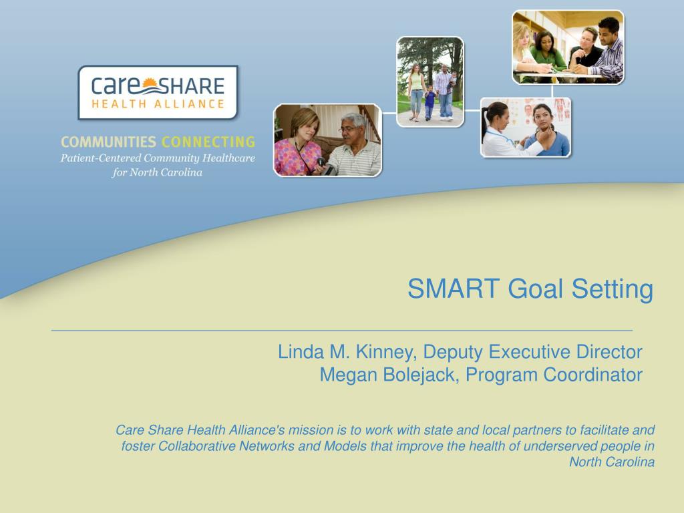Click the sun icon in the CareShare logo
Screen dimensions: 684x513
click(150, 83)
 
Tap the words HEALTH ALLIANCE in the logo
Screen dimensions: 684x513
click(158, 104)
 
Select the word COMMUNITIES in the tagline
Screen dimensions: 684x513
click(108, 142)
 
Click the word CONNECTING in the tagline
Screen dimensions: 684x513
click(208, 142)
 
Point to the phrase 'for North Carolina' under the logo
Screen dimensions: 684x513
click(157, 172)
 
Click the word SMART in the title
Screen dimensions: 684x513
click(454, 289)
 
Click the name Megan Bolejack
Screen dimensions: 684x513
click(389, 375)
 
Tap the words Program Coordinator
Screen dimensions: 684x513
click(554, 375)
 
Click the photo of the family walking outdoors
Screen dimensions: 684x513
click(430, 82)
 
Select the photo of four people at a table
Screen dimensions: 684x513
click(568, 47)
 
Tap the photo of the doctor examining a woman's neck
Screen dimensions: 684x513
click(526, 127)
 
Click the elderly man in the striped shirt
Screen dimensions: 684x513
click(353, 146)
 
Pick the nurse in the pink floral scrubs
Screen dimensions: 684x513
click(299, 144)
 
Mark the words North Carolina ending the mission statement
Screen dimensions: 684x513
click(612, 462)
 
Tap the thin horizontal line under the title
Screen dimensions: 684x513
click(341, 331)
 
